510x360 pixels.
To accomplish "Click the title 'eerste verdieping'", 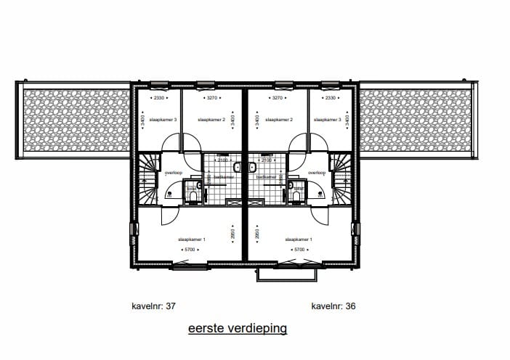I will (x=238, y=329).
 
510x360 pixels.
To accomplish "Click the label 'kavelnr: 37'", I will (x=154, y=306).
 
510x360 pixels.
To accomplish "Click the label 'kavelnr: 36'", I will (x=334, y=306).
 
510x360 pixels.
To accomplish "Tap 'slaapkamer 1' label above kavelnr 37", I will (x=193, y=239).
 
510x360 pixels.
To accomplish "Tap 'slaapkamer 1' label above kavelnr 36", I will (x=299, y=239).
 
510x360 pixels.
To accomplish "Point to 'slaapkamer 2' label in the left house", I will (x=209, y=119).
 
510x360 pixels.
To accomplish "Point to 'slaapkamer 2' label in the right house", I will (x=279, y=119).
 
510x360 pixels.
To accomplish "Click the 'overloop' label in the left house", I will (x=173, y=172).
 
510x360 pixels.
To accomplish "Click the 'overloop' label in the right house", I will (x=317, y=172).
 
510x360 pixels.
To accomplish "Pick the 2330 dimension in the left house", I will (x=158, y=97).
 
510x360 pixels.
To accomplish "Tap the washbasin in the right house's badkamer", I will (x=252, y=168).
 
